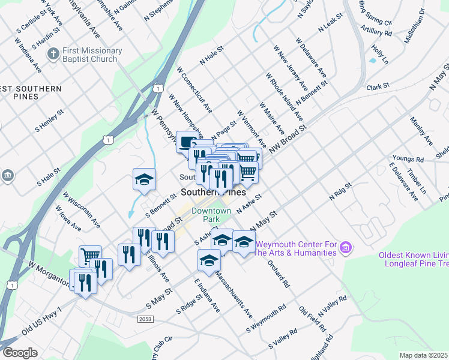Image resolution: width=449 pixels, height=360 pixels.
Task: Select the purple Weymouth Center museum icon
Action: [x=345, y=247]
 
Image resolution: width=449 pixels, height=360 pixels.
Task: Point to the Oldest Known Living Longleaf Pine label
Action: [x=413, y=259]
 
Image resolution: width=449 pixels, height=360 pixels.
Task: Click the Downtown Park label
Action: [x=211, y=215]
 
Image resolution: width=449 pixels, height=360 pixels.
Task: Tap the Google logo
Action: [x=19, y=353]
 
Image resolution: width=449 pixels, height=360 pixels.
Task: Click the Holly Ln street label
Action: [x=379, y=54]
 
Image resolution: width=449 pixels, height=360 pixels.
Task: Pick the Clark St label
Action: [x=378, y=87]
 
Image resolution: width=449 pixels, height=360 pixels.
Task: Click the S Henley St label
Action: [x=49, y=121]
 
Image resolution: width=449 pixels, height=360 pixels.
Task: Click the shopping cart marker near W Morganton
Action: [x=90, y=256]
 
